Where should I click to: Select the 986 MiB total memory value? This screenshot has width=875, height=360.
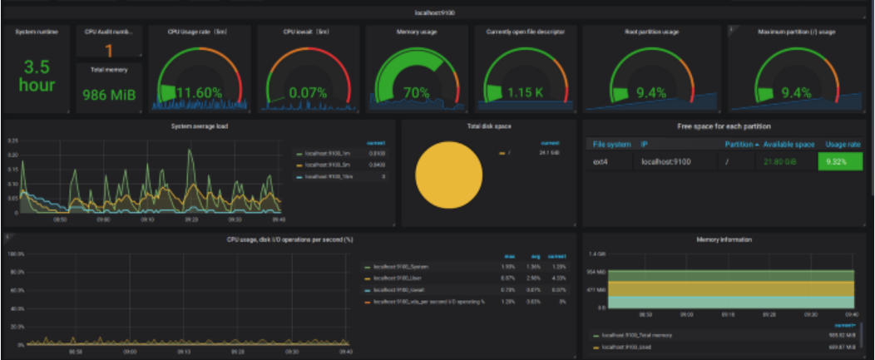[108, 95]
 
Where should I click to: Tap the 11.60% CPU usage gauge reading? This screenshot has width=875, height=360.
[199, 92]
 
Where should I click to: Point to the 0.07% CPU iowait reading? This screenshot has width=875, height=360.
[308, 92]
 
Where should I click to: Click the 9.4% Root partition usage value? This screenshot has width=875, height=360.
[652, 92]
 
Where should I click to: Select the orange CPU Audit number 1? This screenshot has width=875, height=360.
[109, 51]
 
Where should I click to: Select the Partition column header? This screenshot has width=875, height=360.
[738, 145]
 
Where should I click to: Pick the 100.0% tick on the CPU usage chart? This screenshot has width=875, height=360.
[15, 254]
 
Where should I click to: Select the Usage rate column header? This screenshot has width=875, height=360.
[842, 145]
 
